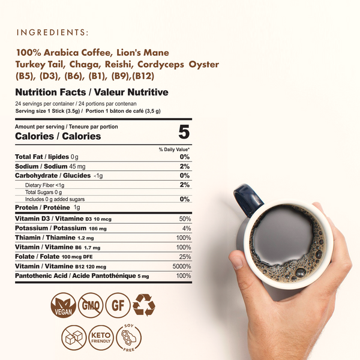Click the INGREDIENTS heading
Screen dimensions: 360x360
click(x=52, y=32)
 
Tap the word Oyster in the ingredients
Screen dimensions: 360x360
click(x=203, y=65)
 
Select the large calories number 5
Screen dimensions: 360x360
click(x=184, y=132)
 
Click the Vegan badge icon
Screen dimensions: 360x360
click(x=63, y=305)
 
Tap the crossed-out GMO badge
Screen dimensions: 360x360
click(x=91, y=305)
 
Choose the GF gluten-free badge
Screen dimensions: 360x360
click(x=118, y=305)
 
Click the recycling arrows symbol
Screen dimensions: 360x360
click(x=144, y=305)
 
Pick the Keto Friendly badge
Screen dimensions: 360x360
click(x=101, y=337)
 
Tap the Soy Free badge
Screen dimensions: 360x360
click(x=128, y=337)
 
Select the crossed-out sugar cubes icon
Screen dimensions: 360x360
click(x=74, y=337)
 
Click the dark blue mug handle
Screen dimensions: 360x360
click(x=248, y=199)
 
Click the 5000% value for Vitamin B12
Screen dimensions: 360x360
click(x=182, y=266)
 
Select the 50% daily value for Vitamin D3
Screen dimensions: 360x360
click(x=185, y=219)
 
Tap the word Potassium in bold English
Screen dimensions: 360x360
click(x=31, y=228)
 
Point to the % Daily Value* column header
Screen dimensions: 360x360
click(x=174, y=149)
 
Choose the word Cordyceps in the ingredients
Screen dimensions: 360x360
click(x=161, y=65)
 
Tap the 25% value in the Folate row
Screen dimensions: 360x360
click(x=185, y=257)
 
